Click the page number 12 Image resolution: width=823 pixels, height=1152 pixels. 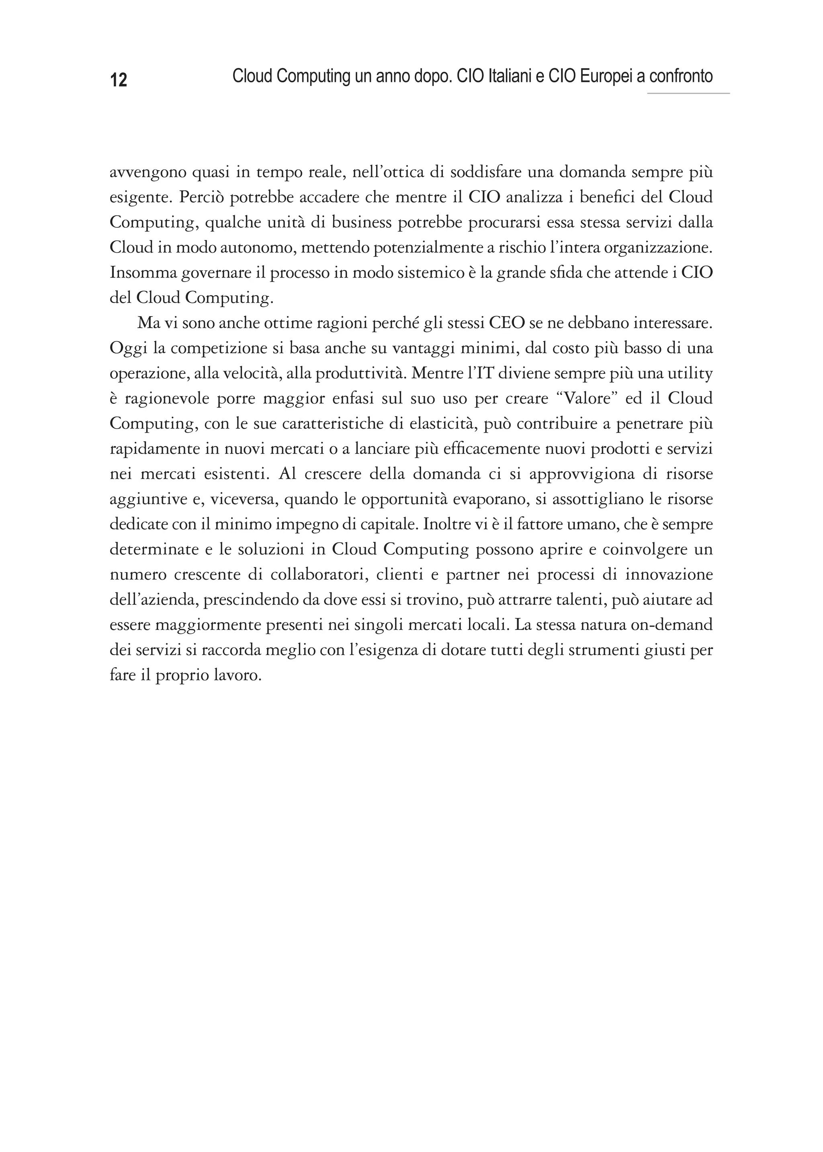coord(118,80)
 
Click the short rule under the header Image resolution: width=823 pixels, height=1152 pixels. coord(688,94)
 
